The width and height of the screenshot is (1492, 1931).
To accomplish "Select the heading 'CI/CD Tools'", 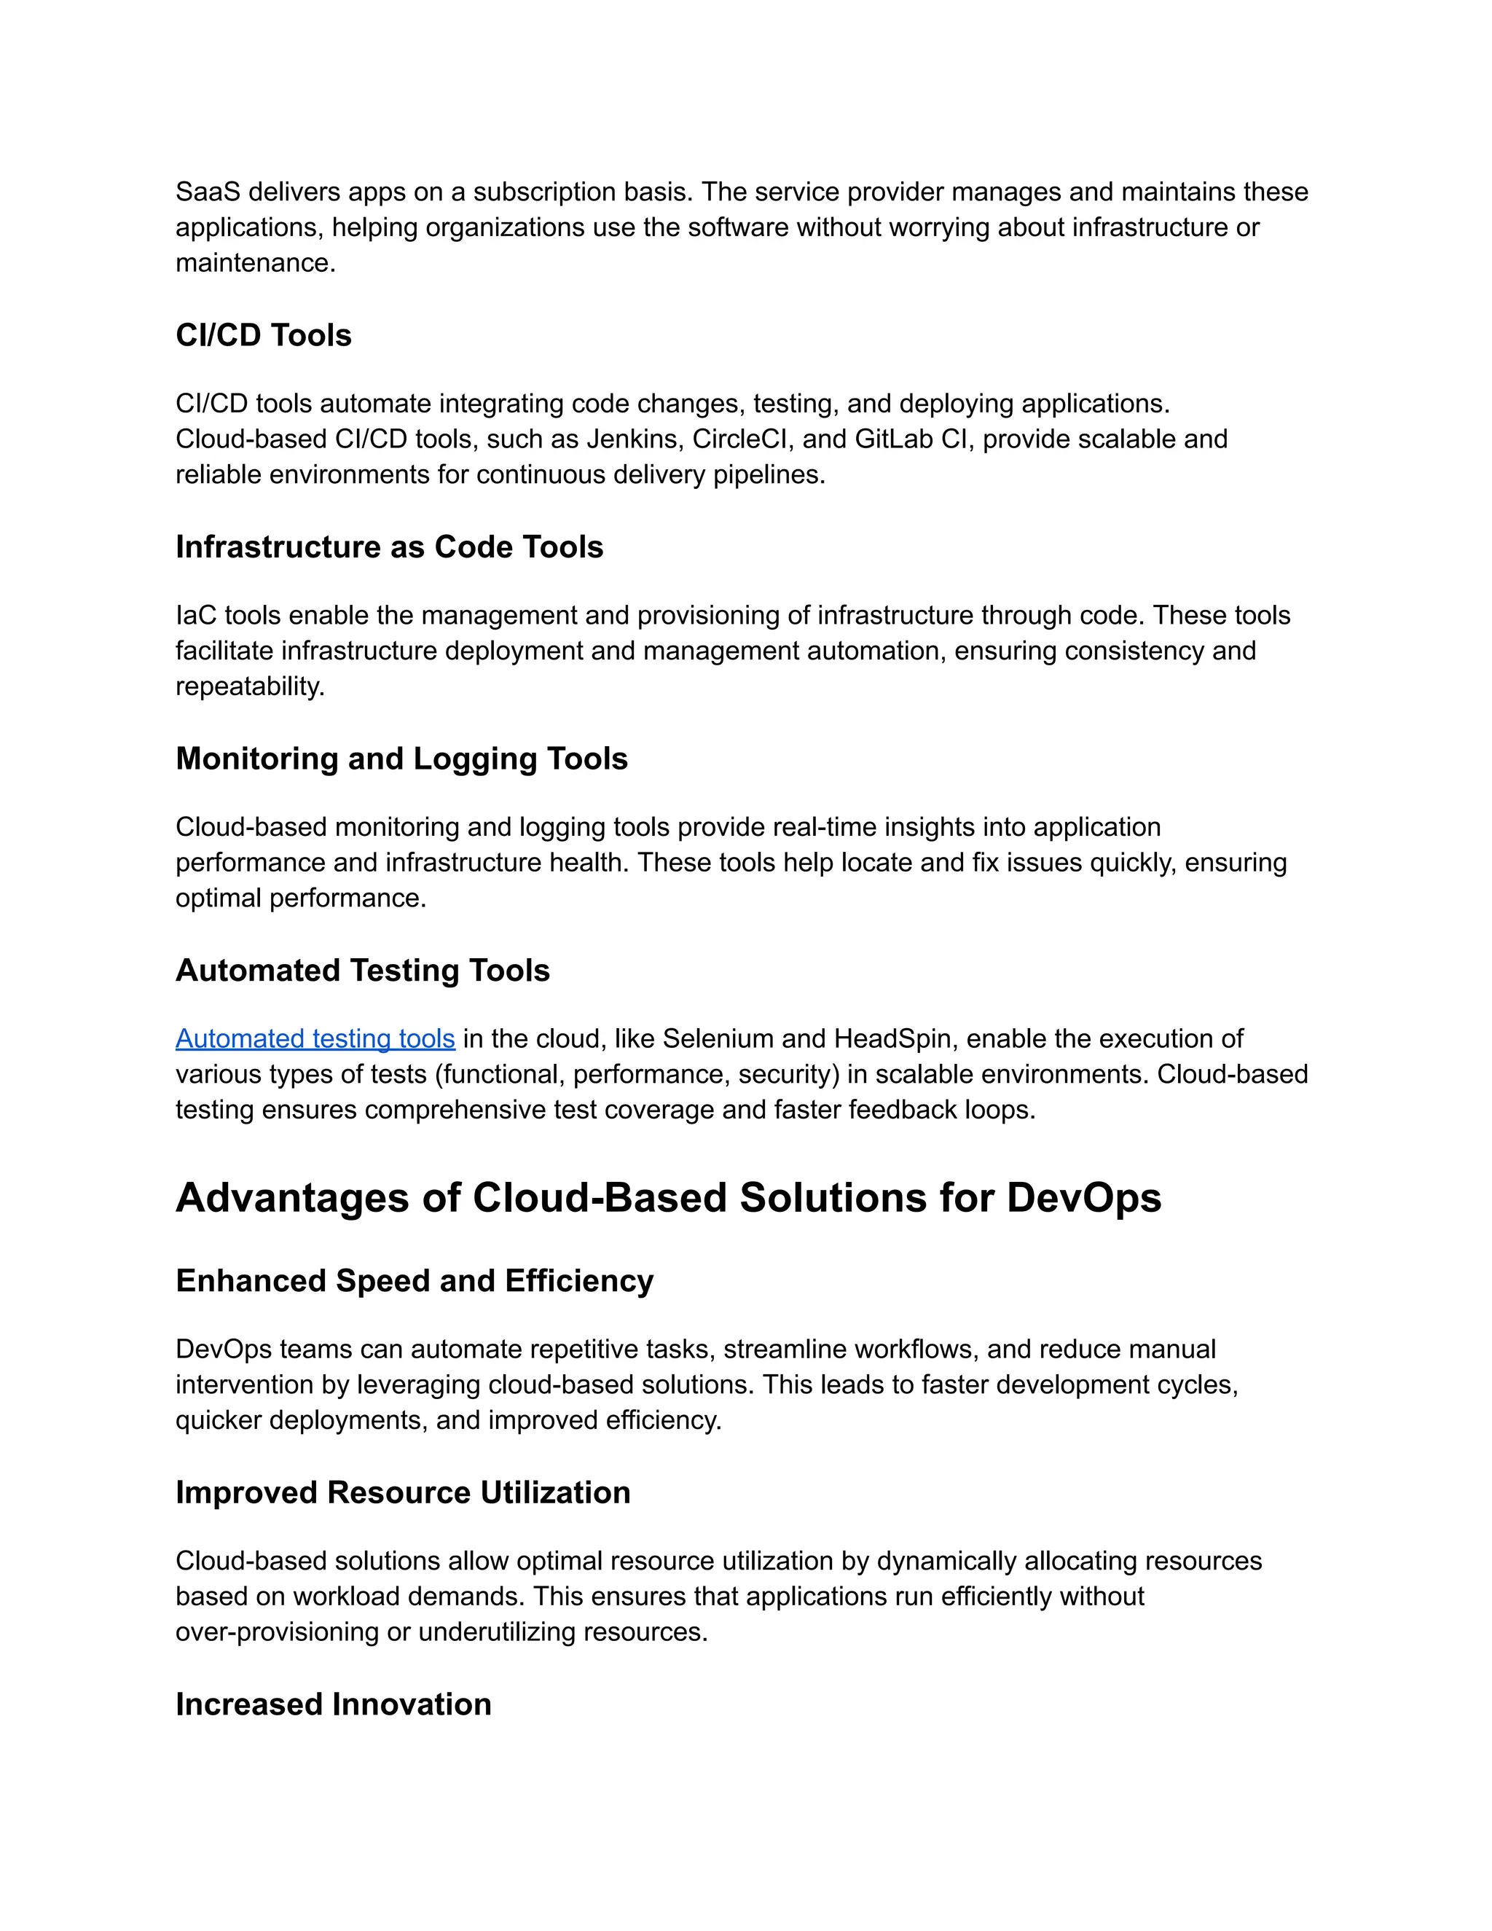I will [264, 335].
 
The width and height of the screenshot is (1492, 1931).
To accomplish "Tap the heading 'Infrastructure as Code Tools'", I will [389, 547].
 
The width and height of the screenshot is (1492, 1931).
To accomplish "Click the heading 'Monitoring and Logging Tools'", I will [401, 759].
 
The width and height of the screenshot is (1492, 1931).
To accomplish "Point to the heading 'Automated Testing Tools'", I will [362, 970].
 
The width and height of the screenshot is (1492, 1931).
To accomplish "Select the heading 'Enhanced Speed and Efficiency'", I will [415, 1280].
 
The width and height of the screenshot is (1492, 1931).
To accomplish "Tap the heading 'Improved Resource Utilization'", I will [403, 1492].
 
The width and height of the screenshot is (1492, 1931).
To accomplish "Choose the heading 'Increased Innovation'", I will [333, 1704].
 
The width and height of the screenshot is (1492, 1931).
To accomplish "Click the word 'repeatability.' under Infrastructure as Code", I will [250, 686].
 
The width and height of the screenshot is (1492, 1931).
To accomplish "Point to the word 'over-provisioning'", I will [277, 1632].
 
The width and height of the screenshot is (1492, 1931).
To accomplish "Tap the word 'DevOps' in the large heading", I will [1083, 1197].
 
